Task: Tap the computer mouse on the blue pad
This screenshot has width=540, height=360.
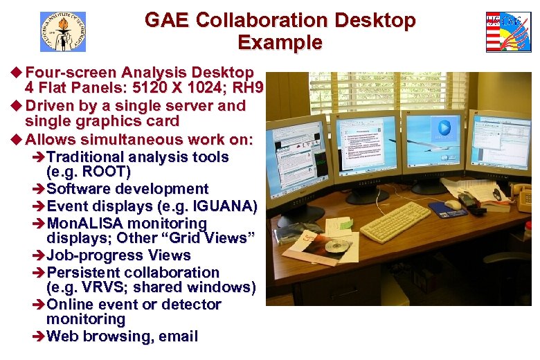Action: (x=453, y=204)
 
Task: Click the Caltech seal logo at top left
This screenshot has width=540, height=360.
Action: (x=62, y=31)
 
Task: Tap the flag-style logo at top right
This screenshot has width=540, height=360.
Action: (x=508, y=32)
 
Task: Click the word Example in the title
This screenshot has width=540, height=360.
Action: (x=280, y=43)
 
